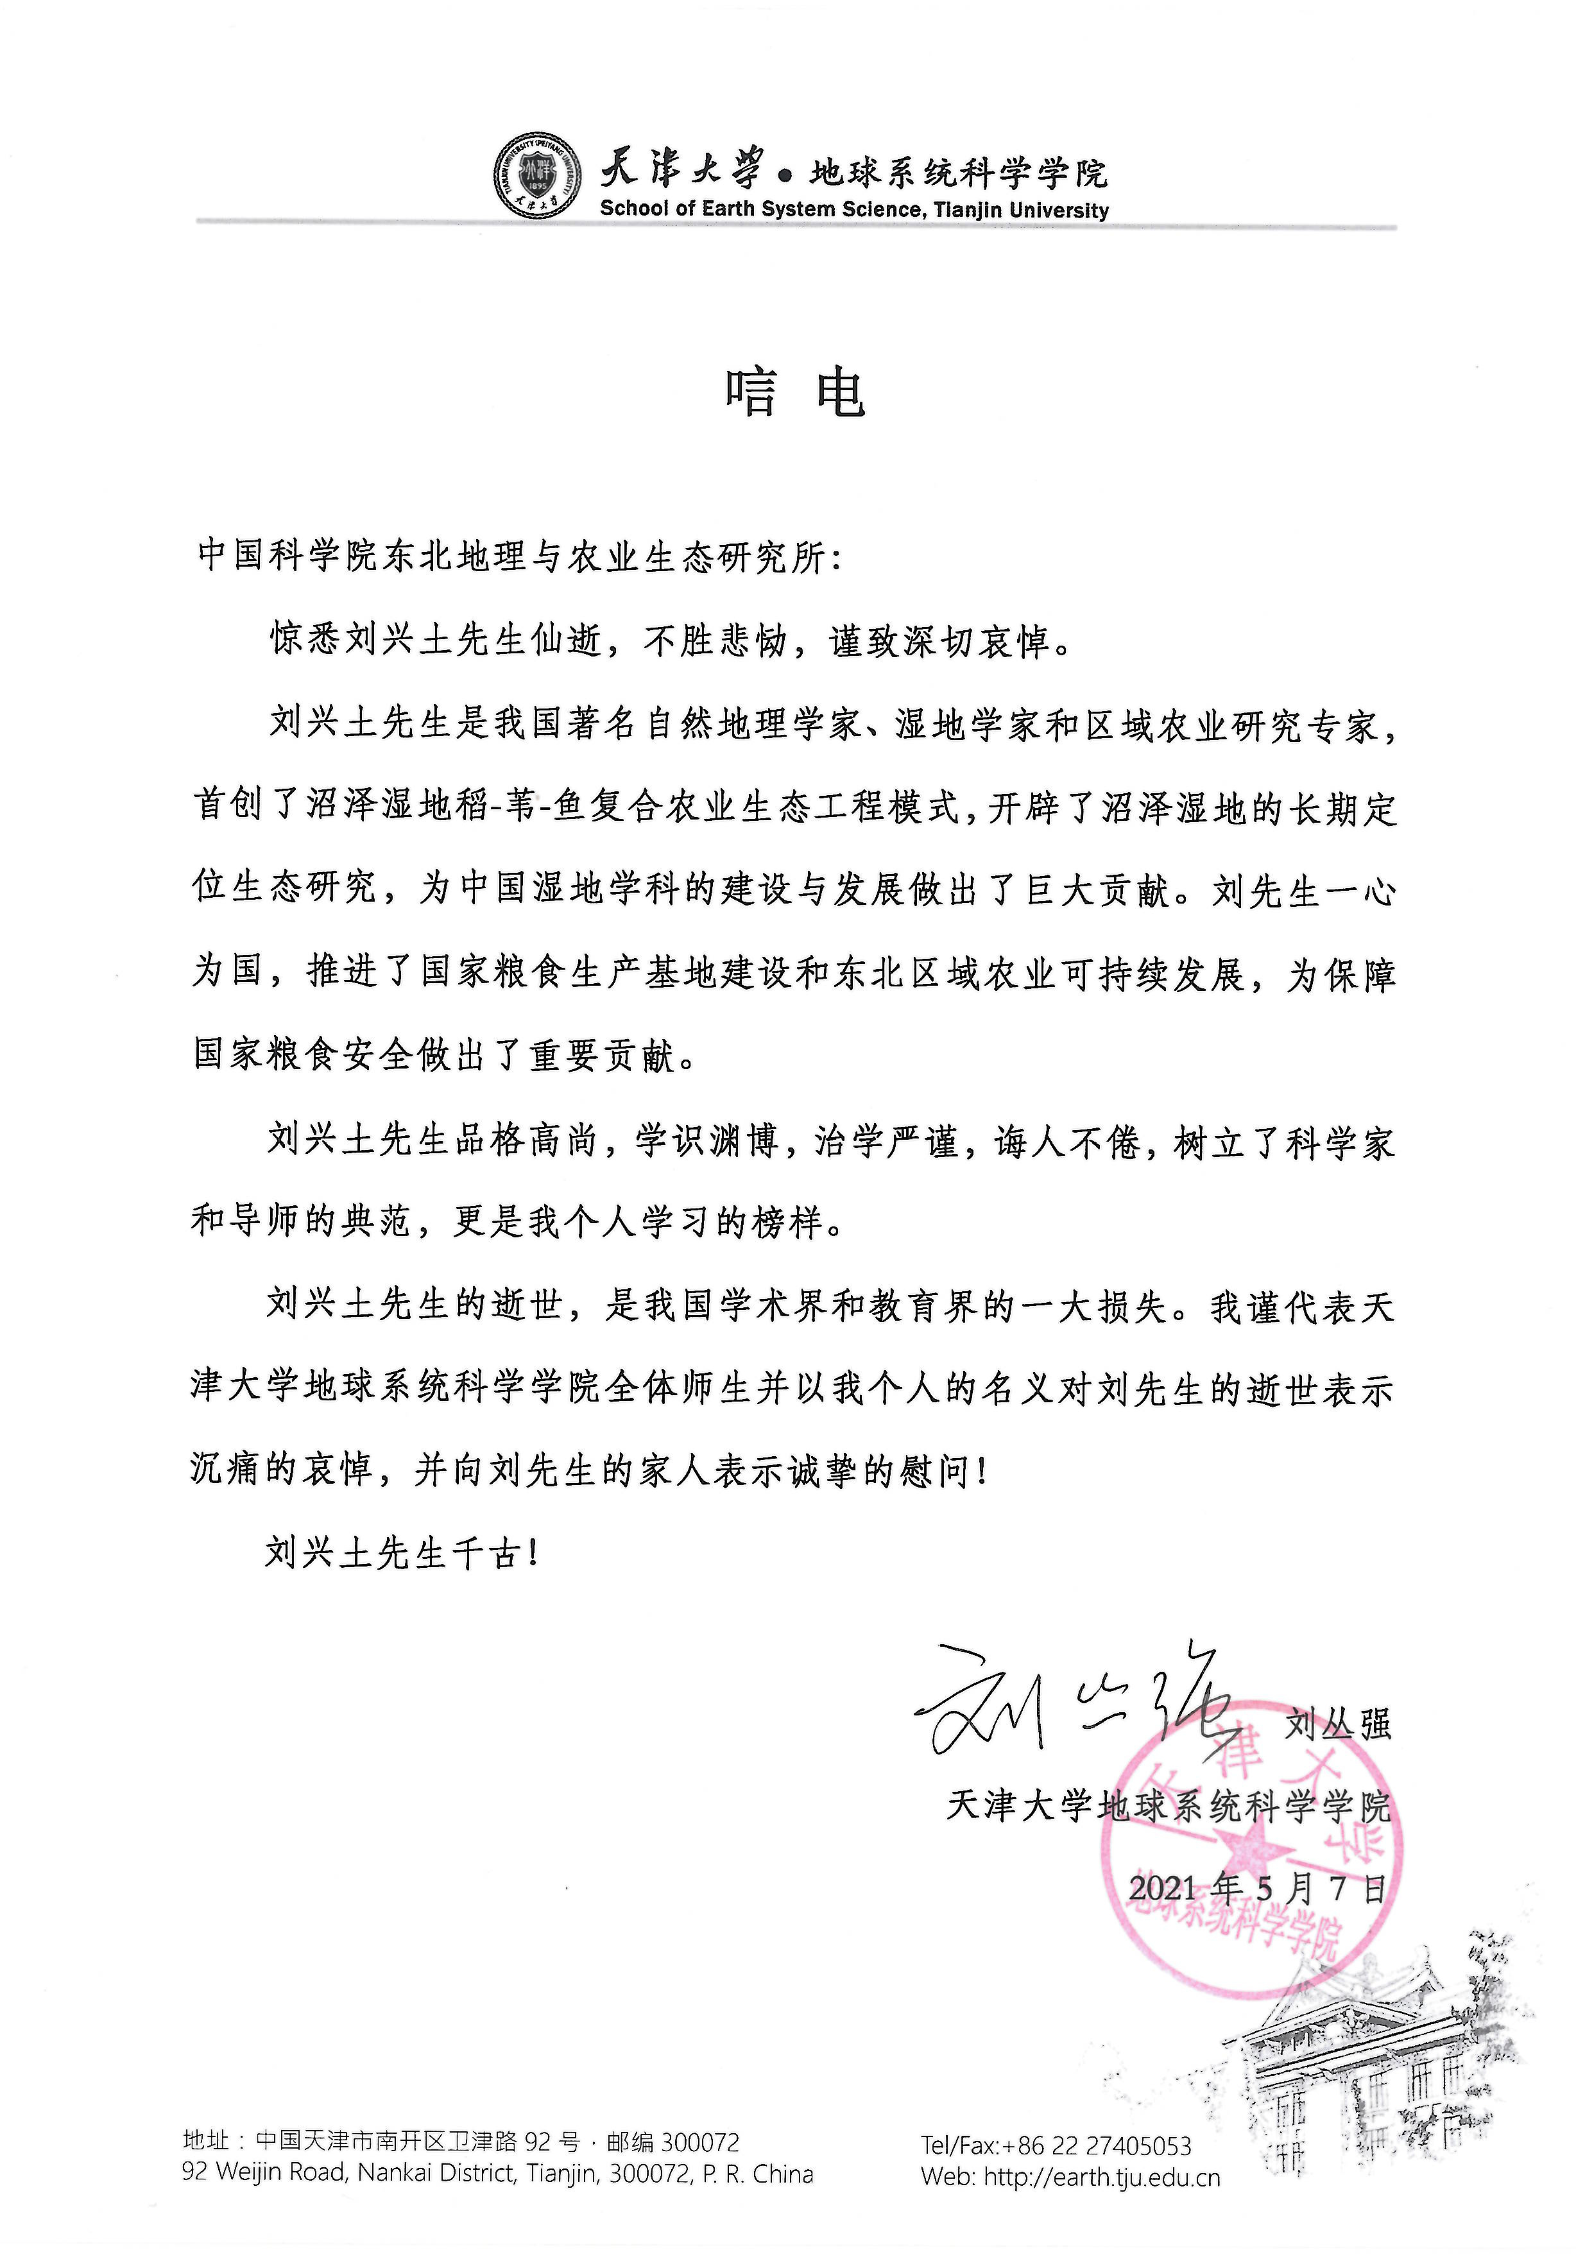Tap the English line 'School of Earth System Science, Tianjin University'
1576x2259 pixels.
point(854,210)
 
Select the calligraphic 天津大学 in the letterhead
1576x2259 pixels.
point(681,169)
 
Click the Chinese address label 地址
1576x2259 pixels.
point(207,2142)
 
